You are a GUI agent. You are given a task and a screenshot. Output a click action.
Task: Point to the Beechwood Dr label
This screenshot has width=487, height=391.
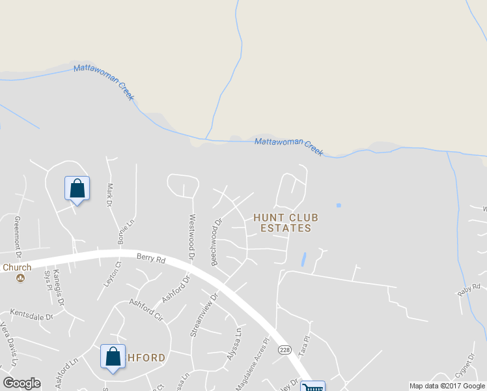[x=214, y=241]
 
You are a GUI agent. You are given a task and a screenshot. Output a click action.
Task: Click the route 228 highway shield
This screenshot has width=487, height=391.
[x=285, y=351]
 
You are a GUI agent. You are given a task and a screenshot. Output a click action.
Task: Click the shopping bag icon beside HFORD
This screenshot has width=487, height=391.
[x=113, y=357]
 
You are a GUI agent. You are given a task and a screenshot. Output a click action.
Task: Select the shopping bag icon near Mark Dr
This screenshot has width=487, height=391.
[x=77, y=189]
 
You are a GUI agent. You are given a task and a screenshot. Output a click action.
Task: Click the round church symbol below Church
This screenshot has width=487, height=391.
[x=21, y=278]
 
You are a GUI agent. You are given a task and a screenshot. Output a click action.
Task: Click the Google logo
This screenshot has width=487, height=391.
[x=21, y=383]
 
